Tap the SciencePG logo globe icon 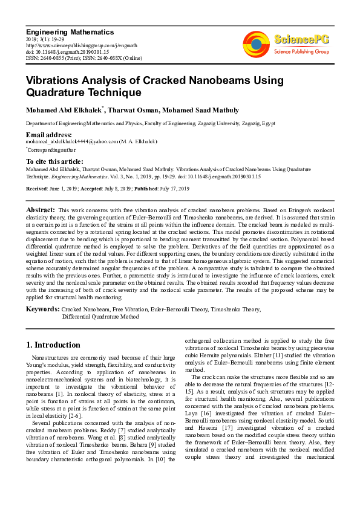tap(256, 45)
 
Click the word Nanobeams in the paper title tap(204, 80)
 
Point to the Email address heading tap(48, 134)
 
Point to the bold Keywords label tap(42, 310)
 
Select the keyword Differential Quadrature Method tap(100, 316)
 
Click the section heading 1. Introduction tap(53, 345)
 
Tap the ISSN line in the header tap(83, 59)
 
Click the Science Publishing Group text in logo tap(301, 52)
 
